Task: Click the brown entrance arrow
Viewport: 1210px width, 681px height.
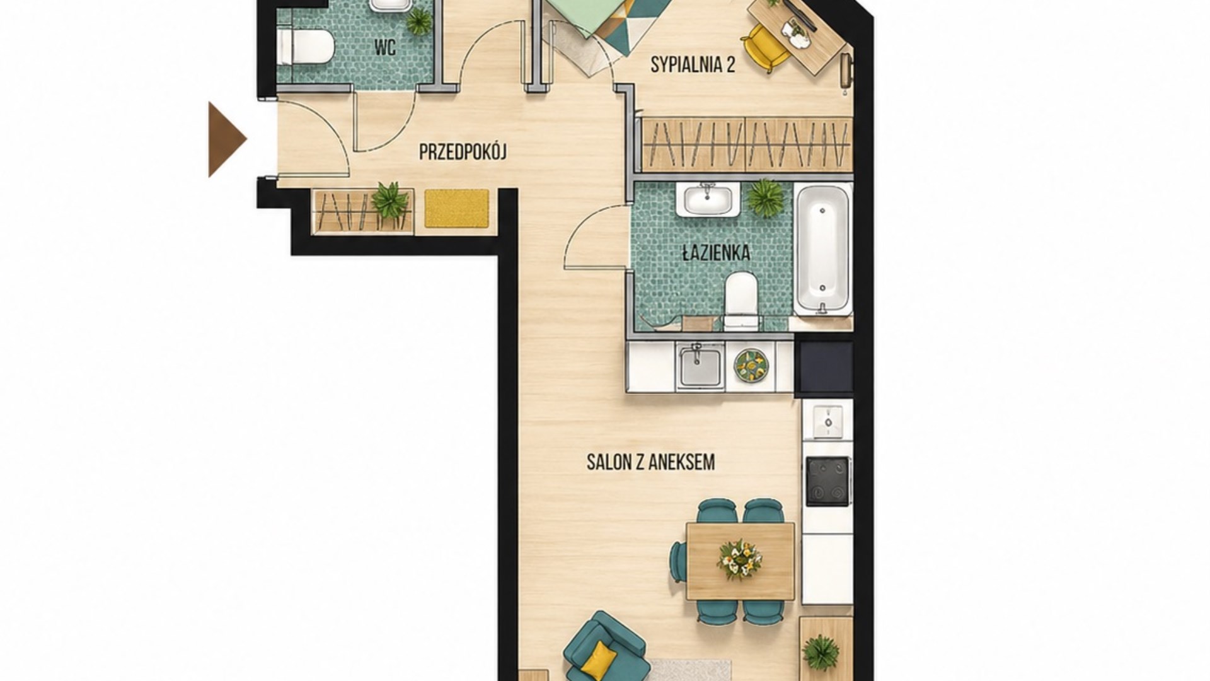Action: pos(226,139)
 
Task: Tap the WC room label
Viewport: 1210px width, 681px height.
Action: pos(384,47)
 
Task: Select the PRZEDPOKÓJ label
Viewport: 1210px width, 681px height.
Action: pos(463,152)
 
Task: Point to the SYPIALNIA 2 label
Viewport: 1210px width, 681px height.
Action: pos(693,64)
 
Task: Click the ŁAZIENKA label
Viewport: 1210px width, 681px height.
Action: pos(717,253)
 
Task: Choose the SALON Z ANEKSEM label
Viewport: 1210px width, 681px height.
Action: pos(650,462)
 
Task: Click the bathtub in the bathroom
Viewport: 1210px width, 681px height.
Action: pos(822,249)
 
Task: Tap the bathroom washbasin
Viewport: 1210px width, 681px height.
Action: pos(708,199)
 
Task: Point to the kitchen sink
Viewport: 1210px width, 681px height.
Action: pos(700,367)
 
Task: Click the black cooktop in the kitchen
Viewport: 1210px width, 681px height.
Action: pos(827,481)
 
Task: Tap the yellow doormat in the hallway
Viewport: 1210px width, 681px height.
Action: pos(457,208)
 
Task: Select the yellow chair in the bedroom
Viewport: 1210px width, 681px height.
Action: pos(764,46)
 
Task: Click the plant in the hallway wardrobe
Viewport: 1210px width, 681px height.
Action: pos(389,200)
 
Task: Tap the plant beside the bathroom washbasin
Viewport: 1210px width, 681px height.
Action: pos(765,198)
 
